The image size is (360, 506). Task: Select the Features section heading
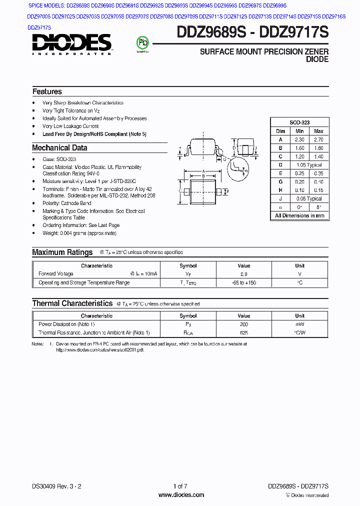tap(47, 91)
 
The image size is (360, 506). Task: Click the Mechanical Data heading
tap(59, 148)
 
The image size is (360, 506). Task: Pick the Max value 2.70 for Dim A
tap(318, 139)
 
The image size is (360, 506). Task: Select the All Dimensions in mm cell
tap(299, 216)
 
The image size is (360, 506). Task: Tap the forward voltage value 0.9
tap(243, 274)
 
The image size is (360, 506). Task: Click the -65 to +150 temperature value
tap(243, 283)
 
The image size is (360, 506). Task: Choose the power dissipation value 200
tap(243, 324)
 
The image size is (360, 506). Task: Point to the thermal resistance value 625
tap(243, 333)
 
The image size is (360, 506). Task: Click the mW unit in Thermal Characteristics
tap(299, 324)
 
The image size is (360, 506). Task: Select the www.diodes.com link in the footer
tap(181, 495)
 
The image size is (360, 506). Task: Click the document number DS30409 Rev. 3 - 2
tap(56, 486)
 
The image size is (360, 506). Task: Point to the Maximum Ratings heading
tap(62, 252)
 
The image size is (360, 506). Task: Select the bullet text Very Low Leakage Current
tap(70, 126)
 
